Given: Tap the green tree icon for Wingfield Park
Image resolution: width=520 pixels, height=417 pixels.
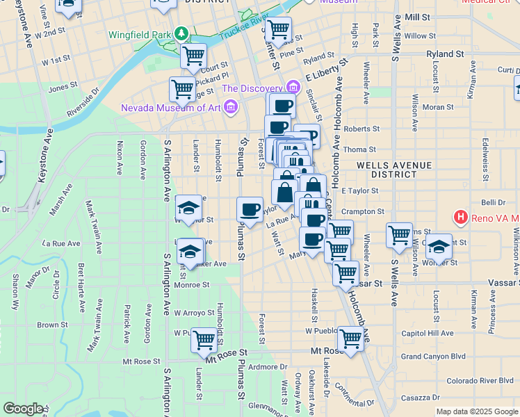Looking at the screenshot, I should click(181, 33).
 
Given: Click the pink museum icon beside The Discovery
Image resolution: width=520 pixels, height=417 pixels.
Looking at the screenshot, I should click(293, 88).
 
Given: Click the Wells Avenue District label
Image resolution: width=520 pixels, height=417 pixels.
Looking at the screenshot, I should click(394, 170).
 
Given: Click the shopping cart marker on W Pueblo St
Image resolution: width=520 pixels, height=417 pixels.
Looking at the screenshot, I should click(204, 340).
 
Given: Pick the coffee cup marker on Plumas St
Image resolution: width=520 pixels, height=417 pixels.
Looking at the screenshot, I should click(250, 209).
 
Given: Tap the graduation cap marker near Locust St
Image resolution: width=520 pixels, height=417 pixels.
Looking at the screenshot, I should click(439, 245).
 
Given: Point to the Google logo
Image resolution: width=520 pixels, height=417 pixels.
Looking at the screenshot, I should click(23, 409).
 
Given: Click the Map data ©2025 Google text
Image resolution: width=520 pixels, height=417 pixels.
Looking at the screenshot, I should click(477, 411).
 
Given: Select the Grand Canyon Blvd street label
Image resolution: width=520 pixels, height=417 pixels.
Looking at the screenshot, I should click(433, 357).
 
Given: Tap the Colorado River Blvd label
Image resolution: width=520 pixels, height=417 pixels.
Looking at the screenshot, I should click(480, 380).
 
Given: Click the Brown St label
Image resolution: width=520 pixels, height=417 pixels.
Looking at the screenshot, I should click(52, 325).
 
